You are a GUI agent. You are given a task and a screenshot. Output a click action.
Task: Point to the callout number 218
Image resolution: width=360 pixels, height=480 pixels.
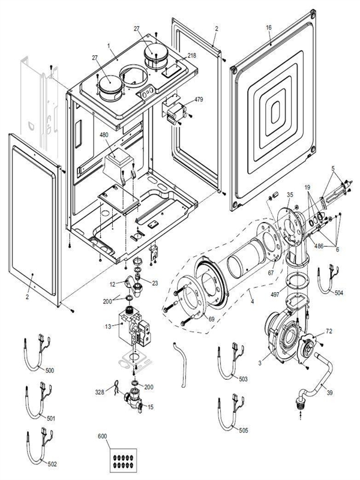(x=191, y=55)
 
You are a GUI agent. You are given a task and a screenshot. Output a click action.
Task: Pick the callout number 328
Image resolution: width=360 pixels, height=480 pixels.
(x=100, y=392)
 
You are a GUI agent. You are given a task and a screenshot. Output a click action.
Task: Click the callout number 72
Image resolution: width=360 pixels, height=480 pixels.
(x=329, y=331)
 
